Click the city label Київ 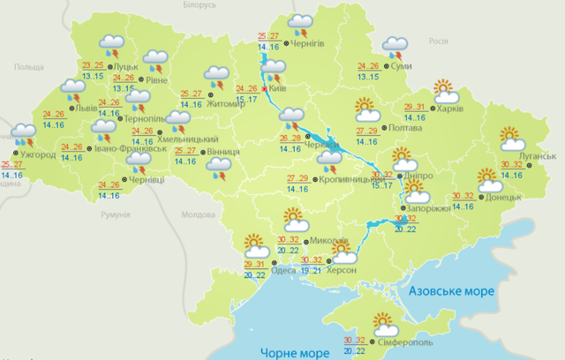coord(280,89)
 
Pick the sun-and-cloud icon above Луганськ coord(511,138)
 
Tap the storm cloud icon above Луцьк coord(113,43)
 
